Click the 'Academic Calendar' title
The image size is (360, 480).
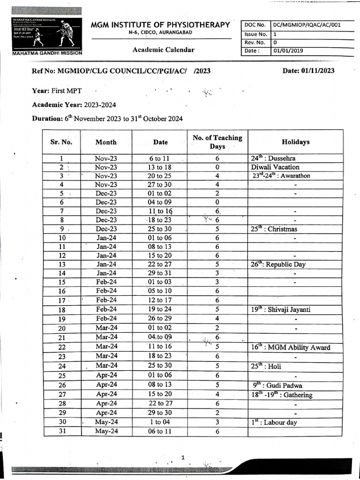click(163, 50)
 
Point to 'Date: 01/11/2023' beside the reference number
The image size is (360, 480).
click(308, 71)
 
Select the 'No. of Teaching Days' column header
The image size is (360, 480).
click(217, 142)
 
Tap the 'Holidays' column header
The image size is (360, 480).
click(295, 142)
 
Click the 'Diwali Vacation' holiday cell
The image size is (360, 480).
click(275, 167)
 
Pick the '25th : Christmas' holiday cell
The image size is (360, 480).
click(274, 229)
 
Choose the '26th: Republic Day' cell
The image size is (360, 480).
click(278, 264)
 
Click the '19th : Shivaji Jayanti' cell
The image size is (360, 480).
click(280, 309)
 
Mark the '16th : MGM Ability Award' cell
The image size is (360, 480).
click(290, 347)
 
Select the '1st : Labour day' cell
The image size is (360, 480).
click(274, 422)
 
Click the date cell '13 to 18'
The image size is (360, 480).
click(160, 167)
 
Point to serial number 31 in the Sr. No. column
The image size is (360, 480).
click(61, 431)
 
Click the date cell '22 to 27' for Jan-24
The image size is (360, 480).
click(160, 264)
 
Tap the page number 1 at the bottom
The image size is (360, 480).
click(183, 457)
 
